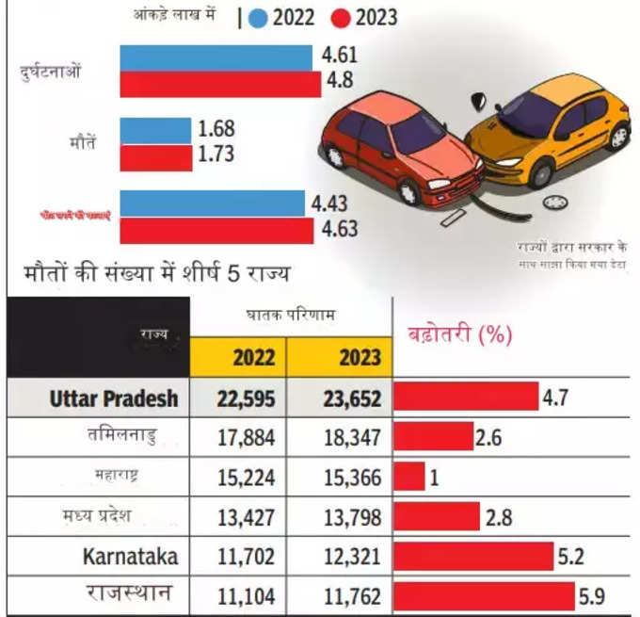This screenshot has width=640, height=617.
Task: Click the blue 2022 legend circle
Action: point(259,16)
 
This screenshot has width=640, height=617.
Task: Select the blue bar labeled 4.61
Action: point(216,57)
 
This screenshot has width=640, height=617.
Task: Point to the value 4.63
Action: point(340,230)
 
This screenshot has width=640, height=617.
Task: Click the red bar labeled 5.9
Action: point(484,595)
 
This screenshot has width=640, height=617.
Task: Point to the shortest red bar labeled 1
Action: point(409,477)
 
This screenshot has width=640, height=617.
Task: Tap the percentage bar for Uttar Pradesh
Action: point(465,398)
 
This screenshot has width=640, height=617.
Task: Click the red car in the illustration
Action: point(400,146)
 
